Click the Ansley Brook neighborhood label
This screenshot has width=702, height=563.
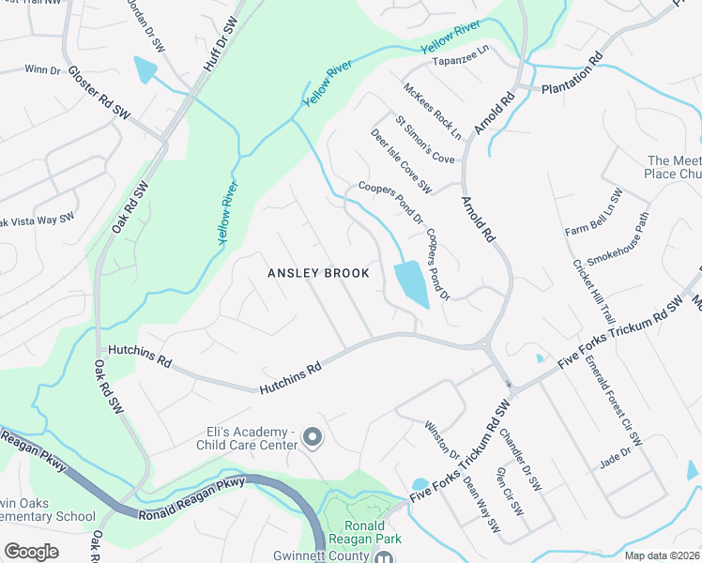click(x=318, y=273)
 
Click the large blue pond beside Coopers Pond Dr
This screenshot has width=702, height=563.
click(x=411, y=284)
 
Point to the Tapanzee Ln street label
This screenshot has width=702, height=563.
click(x=461, y=62)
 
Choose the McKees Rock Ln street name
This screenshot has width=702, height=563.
click(x=433, y=112)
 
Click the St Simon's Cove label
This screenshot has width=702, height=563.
click(x=424, y=140)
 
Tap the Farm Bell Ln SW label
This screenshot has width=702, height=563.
click(x=594, y=213)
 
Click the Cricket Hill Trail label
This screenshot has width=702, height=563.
click(x=593, y=291)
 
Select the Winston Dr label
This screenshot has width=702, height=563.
click(x=442, y=440)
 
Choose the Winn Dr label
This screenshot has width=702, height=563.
click(x=41, y=69)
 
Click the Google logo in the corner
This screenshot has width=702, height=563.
click(x=31, y=552)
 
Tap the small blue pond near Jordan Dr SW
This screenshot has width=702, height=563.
click(x=146, y=71)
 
